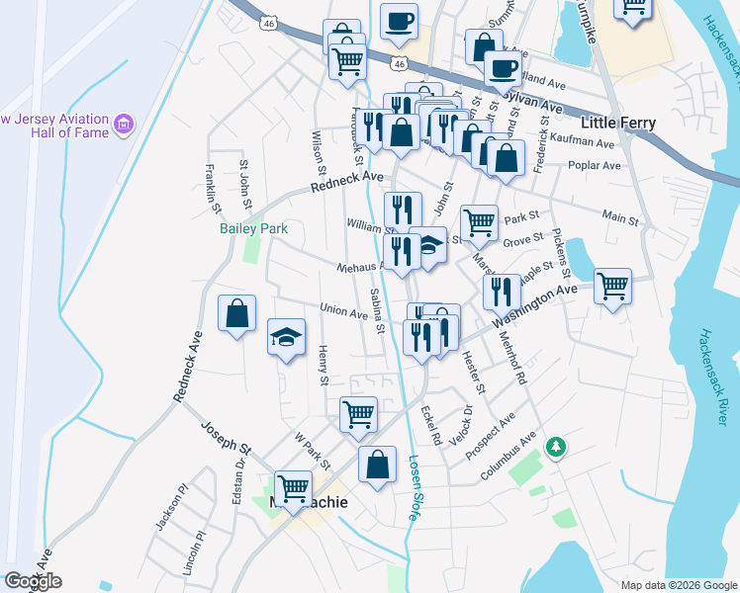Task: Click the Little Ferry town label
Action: pyautogui.click(x=618, y=123)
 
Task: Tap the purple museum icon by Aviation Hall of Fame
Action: pyautogui.click(x=124, y=125)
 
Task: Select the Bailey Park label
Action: pyautogui.click(x=252, y=228)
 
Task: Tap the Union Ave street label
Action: pyautogui.click(x=343, y=311)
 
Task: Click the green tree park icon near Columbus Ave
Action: pyautogui.click(x=557, y=448)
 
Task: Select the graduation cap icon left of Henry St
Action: pyautogui.click(x=286, y=337)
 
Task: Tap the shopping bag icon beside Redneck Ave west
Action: pyautogui.click(x=236, y=313)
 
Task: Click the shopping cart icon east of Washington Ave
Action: pyautogui.click(x=612, y=287)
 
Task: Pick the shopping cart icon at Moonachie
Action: pyautogui.click(x=293, y=486)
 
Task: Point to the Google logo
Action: pyautogui.click(x=33, y=581)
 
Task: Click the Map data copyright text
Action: pyautogui.click(x=678, y=585)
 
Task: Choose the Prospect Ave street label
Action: pyautogui.click(x=491, y=435)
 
